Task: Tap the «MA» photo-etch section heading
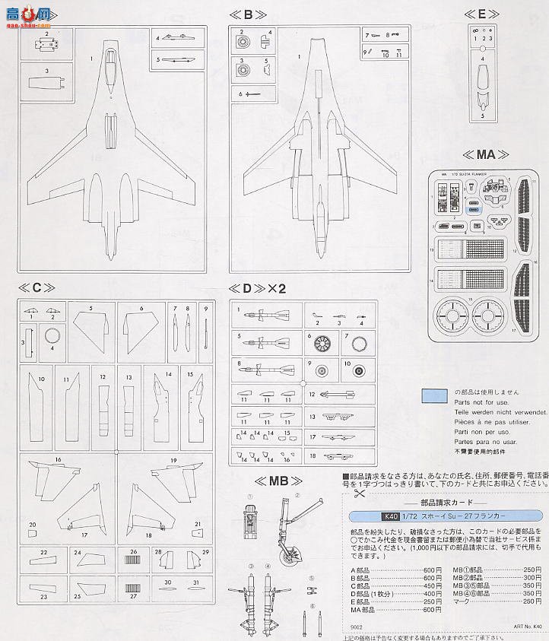(481, 154)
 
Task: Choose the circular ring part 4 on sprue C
(52, 336)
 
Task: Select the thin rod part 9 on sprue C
(205, 327)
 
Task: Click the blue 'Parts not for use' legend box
(433, 395)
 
